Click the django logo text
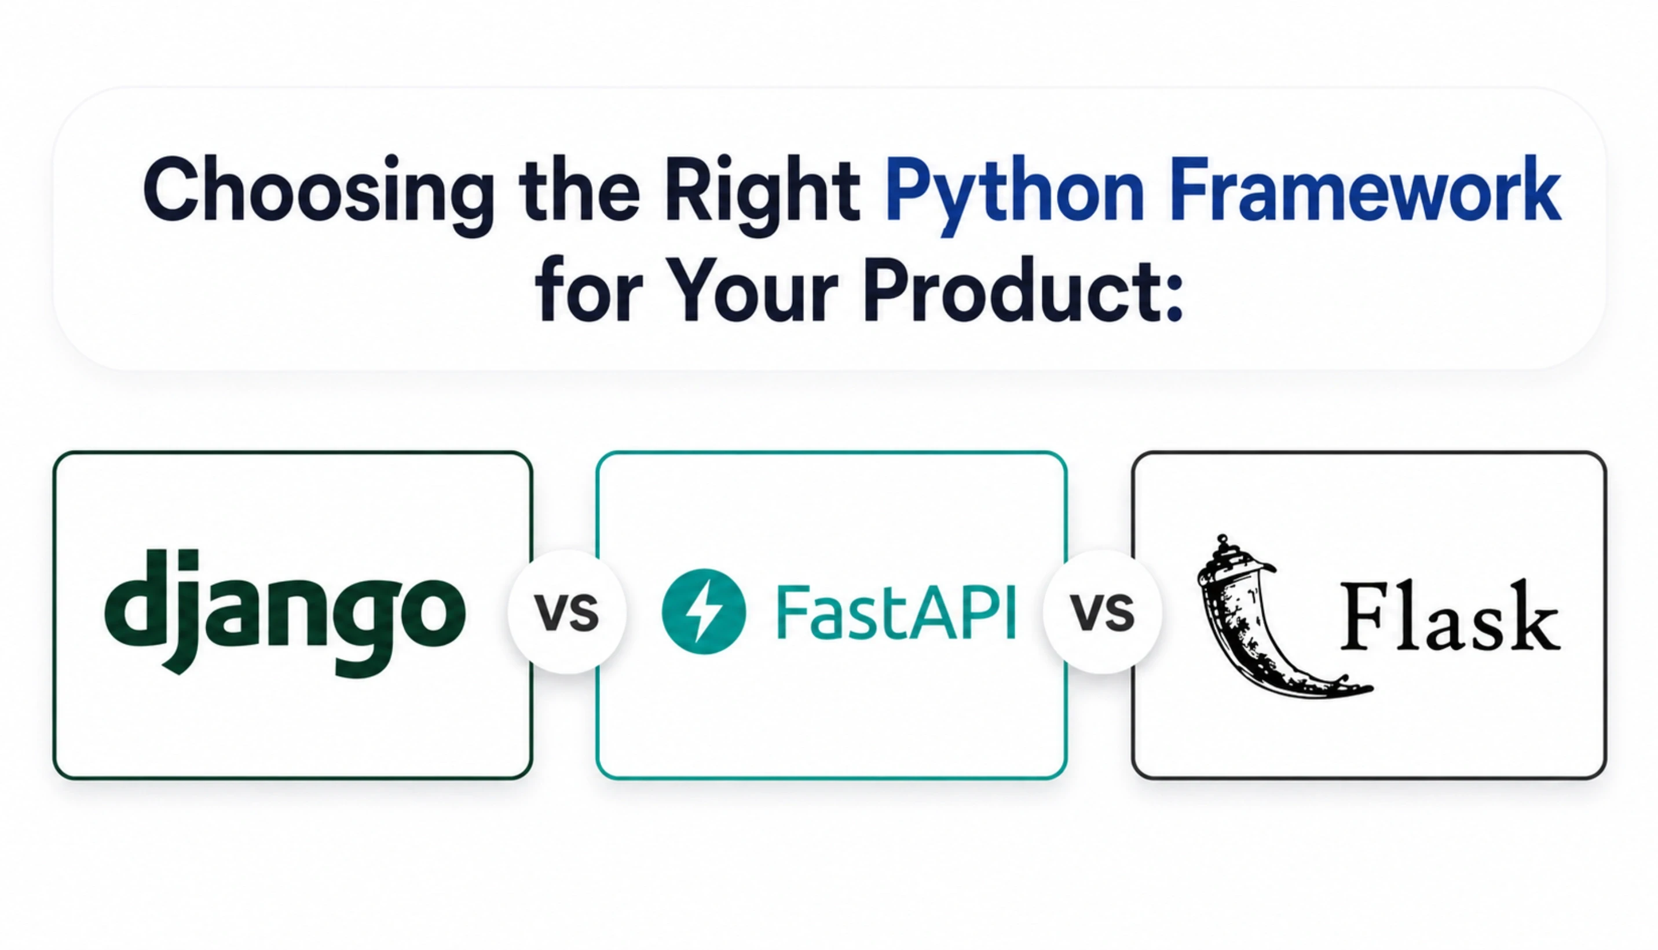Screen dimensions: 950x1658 [x=284, y=610]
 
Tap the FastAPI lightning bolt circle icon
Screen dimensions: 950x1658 [x=704, y=611]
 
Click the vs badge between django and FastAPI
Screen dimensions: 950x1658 [x=566, y=611]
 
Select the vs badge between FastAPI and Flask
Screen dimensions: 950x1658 [x=1102, y=611]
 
